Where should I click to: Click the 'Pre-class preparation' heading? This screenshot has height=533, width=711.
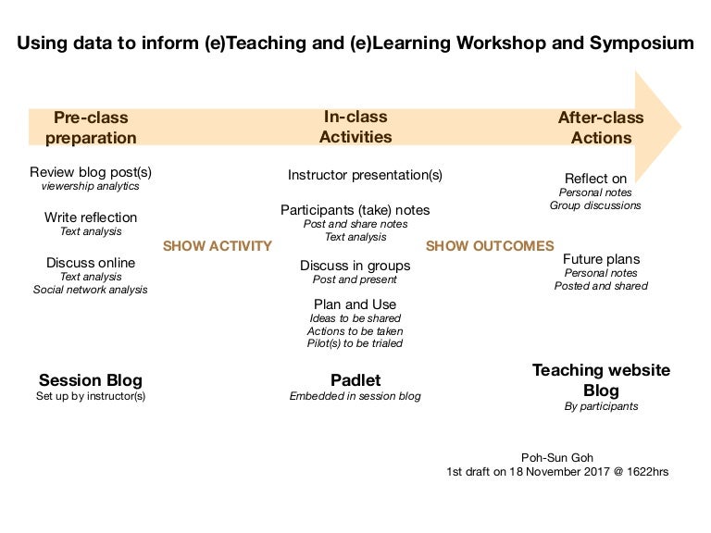pyautogui.click(x=91, y=128)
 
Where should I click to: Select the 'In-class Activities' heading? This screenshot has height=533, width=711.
pyautogui.click(x=355, y=127)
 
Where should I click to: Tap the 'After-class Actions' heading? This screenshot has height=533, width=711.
pyautogui.click(x=601, y=128)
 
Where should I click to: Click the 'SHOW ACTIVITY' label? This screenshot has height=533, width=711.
pyautogui.click(x=217, y=246)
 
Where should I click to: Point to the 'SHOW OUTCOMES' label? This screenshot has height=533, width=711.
pyautogui.click(x=489, y=246)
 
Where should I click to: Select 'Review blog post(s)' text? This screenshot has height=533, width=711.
pyautogui.click(x=91, y=172)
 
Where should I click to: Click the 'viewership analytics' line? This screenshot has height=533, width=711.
pyautogui.click(x=91, y=186)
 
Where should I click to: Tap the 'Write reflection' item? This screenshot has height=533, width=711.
pyautogui.click(x=91, y=217)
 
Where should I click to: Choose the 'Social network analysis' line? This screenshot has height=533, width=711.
pyautogui.click(x=91, y=290)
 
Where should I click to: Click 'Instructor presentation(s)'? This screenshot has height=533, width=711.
pyautogui.click(x=365, y=175)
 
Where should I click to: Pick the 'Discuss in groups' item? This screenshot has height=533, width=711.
pyautogui.click(x=355, y=266)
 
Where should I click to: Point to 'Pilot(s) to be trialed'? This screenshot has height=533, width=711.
pyautogui.click(x=355, y=343)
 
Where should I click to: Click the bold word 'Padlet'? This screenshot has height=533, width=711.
pyautogui.click(x=355, y=380)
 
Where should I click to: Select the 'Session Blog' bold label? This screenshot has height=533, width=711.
pyautogui.click(x=91, y=380)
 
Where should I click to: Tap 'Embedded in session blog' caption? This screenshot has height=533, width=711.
pyautogui.click(x=355, y=396)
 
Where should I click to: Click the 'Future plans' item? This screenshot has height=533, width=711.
pyautogui.click(x=601, y=259)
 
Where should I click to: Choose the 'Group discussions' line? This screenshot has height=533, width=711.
pyautogui.click(x=594, y=205)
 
